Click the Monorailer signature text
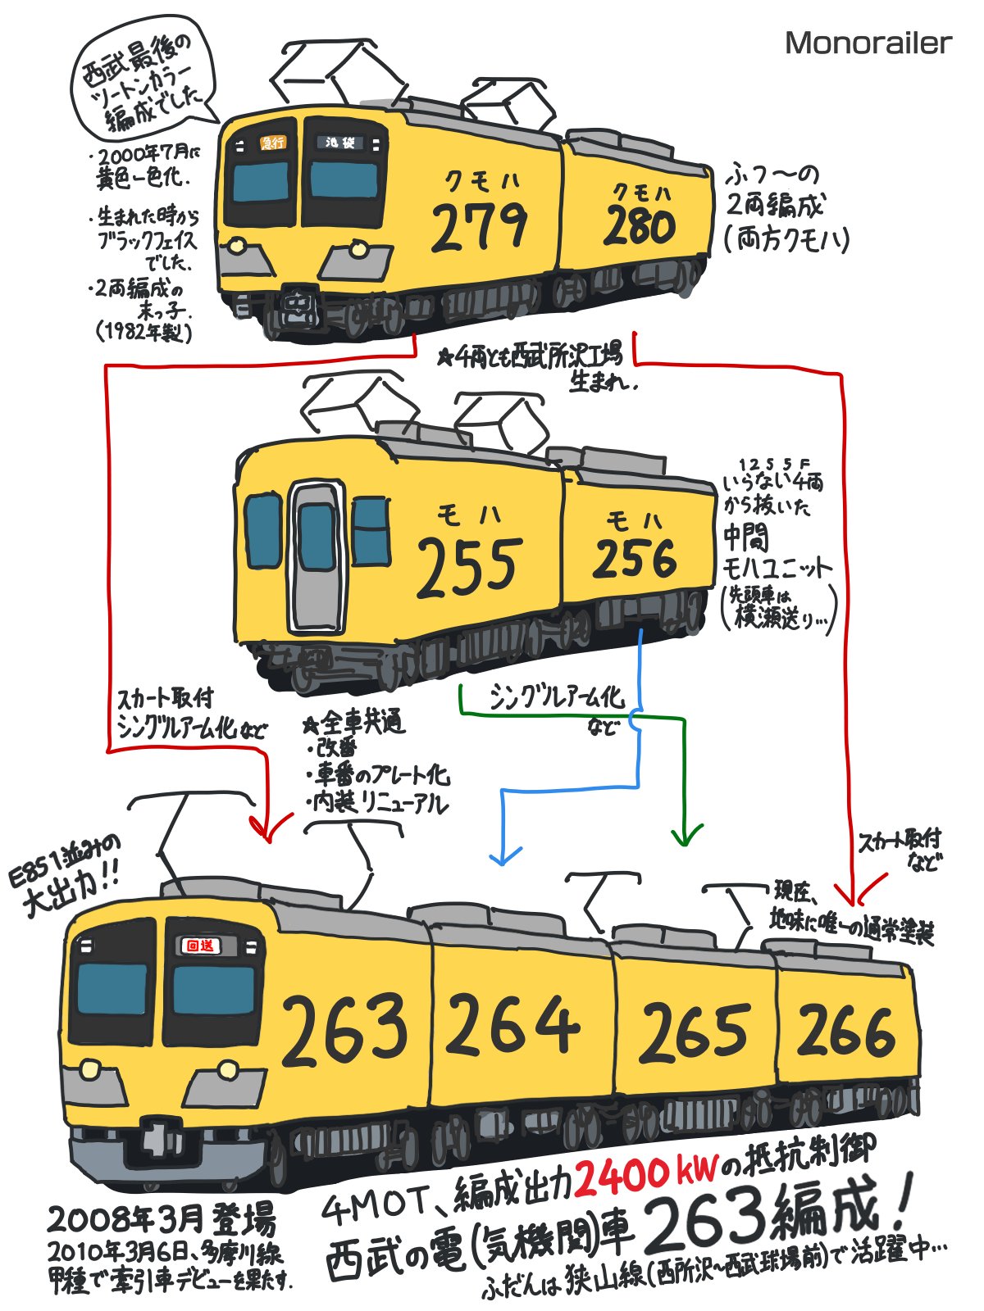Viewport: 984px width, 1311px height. pos(868,43)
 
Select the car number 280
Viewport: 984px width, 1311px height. pos(640,226)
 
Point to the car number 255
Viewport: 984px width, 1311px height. pos(469,566)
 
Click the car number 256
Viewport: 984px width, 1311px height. pos(635,558)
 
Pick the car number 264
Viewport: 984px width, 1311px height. pos(512,1026)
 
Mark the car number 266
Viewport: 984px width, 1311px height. pos(845,1030)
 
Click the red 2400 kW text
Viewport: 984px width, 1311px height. pos(646,1175)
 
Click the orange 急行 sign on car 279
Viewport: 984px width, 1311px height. pos(272,143)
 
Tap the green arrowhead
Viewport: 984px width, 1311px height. pos(686,836)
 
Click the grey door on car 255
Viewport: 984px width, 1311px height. pos(317,557)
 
